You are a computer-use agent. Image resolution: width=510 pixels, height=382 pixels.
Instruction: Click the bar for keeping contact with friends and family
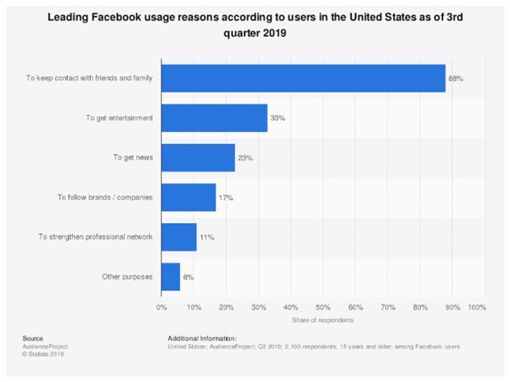coord(303,78)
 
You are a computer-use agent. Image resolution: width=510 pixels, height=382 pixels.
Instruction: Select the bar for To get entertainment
coord(214,118)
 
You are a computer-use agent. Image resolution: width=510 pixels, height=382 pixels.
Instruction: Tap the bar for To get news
coord(198,157)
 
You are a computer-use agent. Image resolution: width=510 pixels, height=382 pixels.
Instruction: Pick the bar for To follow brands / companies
coord(189,197)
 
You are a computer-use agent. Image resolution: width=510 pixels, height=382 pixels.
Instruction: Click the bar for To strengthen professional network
coord(178,236)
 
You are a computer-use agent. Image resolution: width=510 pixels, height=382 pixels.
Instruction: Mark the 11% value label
coord(207,236)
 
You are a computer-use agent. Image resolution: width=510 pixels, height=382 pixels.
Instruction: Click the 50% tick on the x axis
coord(322,308)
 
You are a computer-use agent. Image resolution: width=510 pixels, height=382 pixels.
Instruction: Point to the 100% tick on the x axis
coord(476,308)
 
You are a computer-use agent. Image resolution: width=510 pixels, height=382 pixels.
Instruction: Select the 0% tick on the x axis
coord(162,308)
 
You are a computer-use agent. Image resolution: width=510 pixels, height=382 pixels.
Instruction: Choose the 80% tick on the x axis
coord(420,308)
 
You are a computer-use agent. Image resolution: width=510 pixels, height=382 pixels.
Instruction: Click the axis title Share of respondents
coord(322,321)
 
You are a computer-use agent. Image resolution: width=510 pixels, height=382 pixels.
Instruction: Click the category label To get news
coord(133,157)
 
